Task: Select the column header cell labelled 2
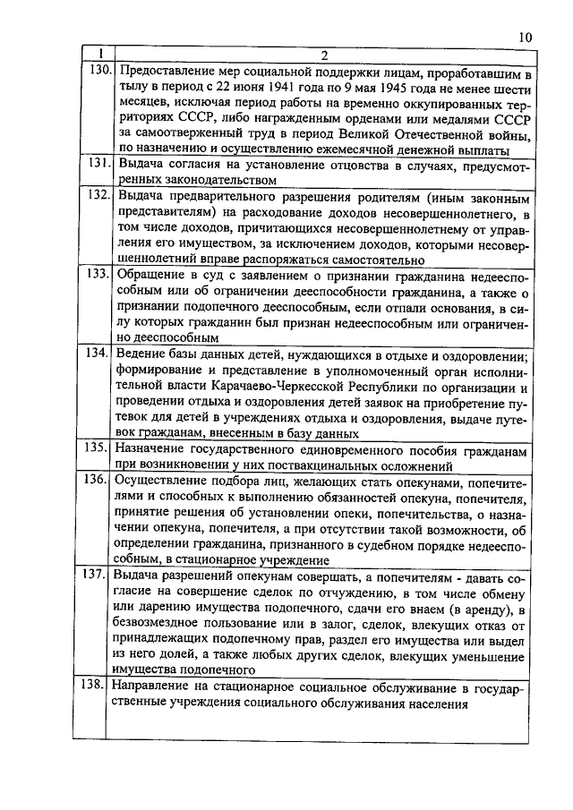pyautogui.click(x=324, y=54)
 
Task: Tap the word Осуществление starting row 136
pyautogui.click(x=161, y=481)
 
